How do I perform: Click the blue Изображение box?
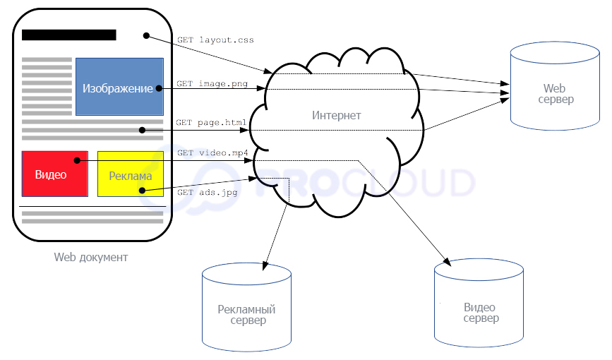(x=119, y=87)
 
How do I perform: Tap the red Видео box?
(x=54, y=174)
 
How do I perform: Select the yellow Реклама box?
(x=131, y=174)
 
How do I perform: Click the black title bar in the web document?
(x=69, y=35)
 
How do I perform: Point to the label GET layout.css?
(x=215, y=40)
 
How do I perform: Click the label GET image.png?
(x=212, y=83)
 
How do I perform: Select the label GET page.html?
(x=212, y=122)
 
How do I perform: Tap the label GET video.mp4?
(x=212, y=152)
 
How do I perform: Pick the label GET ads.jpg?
(x=208, y=191)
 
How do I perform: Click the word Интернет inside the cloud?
(x=336, y=115)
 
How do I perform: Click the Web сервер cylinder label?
(x=554, y=94)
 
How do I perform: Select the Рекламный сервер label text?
(x=246, y=315)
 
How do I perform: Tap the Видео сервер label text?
(x=480, y=313)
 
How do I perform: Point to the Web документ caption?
(x=91, y=257)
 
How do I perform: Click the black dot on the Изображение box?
(x=159, y=88)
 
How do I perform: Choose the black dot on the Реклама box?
(x=142, y=191)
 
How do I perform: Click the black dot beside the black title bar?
(x=146, y=35)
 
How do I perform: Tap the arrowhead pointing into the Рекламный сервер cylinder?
(x=265, y=267)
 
